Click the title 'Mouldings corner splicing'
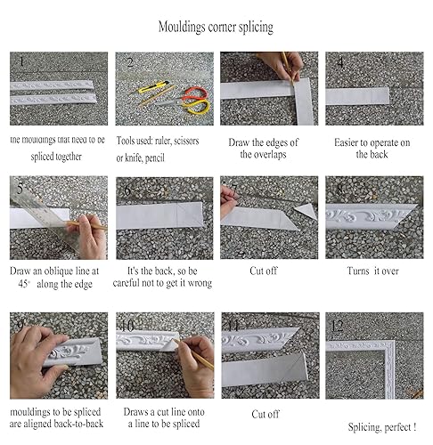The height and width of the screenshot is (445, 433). [x=216, y=27]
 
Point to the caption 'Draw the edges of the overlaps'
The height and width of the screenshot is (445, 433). [x=269, y=148]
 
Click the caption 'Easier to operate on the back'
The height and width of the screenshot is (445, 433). [x=372, y=148]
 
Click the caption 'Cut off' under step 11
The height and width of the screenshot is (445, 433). [x=266, y=414]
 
